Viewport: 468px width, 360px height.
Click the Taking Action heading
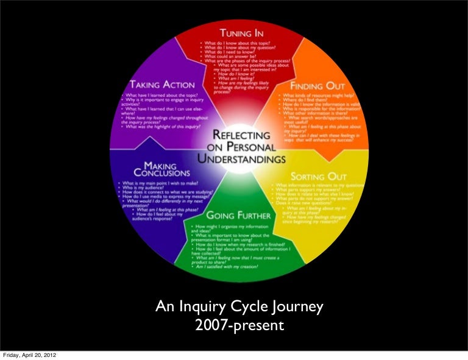coord(161,85)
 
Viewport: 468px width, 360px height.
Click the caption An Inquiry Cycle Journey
coord(238,307)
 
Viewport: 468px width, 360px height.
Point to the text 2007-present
coord(239,326)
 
